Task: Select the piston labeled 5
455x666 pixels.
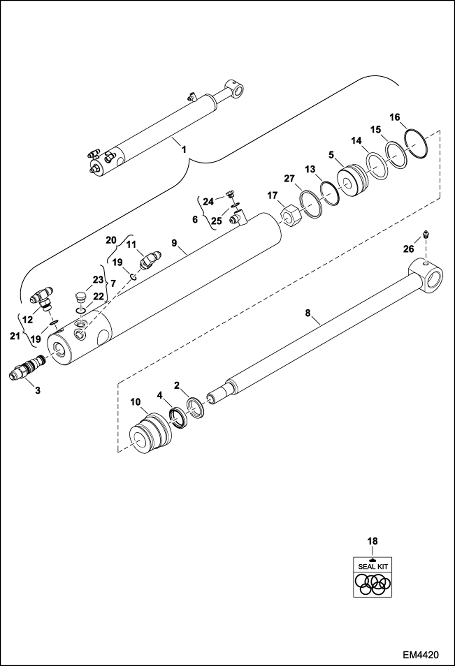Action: pyautogui.click(x=352, y=181)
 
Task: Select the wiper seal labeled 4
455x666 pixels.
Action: pyautogui.click(x=179, y=418)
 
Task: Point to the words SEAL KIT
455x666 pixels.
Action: pyautogui.click(x=373, y=566)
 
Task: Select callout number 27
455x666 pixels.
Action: pyautogui.click(x=289, y=178)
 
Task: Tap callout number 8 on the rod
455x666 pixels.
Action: pyautogui.click(x=308, y=313)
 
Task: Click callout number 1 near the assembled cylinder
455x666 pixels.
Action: pyautogui.click(x=183, y=150)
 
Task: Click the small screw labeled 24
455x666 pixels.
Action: pyautogui.click(x=230, y=194)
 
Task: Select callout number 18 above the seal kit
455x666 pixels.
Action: pyautogui.click(x=372, y=541)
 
